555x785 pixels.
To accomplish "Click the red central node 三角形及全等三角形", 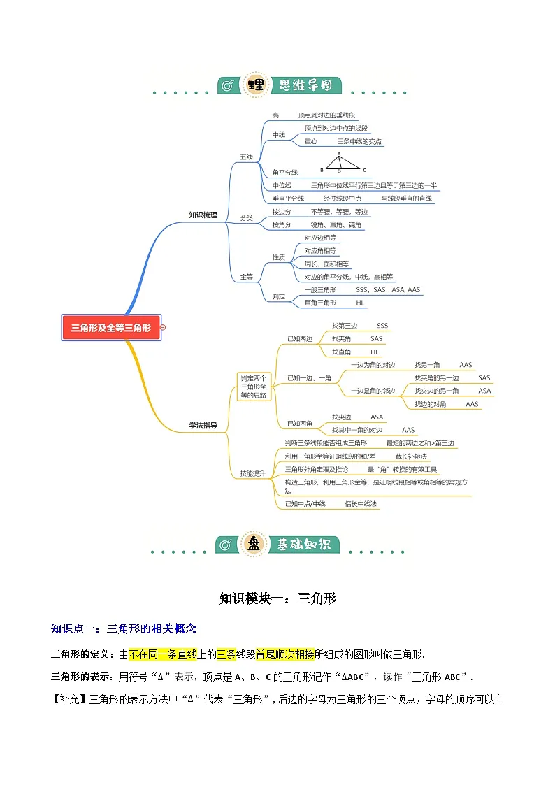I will pos(111,328).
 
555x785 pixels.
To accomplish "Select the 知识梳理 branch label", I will pos(203,215).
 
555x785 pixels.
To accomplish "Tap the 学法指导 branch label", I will pos(203,425).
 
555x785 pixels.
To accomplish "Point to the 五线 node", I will pos(246,157).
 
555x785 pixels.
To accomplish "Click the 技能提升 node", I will pos(252,473).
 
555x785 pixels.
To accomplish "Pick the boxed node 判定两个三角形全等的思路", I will pos(254,386).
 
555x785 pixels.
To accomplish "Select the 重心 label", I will pos(311,141).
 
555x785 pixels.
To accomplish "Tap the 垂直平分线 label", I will pos(288,199).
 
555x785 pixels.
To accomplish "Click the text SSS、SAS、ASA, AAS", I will pos(388,289).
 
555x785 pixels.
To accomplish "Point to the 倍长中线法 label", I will pos(361,503).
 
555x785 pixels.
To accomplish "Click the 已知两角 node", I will pos(300,424).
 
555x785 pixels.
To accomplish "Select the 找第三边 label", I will pos(344,326).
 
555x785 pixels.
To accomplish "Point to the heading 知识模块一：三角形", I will pos(277,598).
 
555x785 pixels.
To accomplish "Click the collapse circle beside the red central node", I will pos(164,328).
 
